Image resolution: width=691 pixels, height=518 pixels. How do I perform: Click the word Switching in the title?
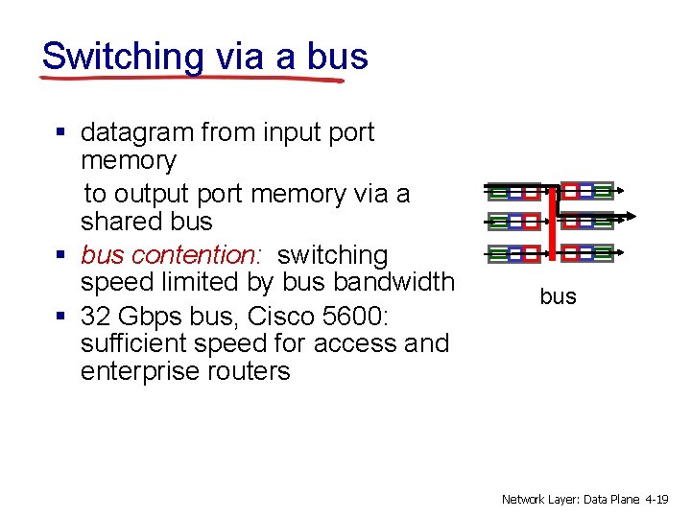click(123, 57)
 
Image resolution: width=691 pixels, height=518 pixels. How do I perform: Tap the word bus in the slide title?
click(338, 57)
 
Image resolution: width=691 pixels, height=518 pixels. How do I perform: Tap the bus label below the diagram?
click(558, 297)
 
